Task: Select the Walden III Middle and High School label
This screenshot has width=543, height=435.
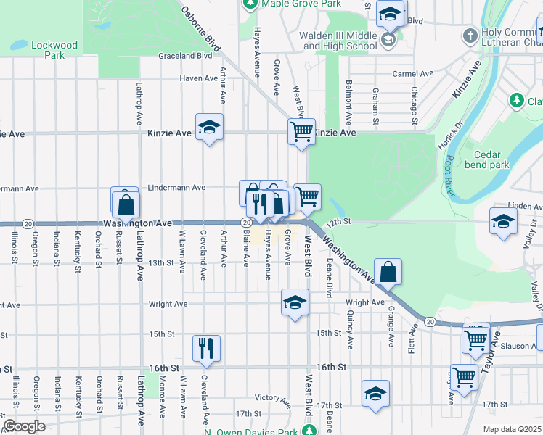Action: (340, 41)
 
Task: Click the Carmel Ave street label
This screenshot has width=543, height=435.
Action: (412, 73)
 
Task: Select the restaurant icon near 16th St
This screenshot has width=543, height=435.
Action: (206, 348)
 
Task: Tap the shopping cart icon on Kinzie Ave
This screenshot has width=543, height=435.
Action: (301, 131)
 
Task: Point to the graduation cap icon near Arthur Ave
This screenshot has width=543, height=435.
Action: (209, 128)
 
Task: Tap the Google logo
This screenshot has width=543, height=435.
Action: (24, 426)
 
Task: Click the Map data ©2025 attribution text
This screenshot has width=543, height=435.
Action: (511, 429)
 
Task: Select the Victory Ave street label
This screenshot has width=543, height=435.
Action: (273, 398)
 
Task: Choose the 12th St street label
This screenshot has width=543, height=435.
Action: (338, 221)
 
